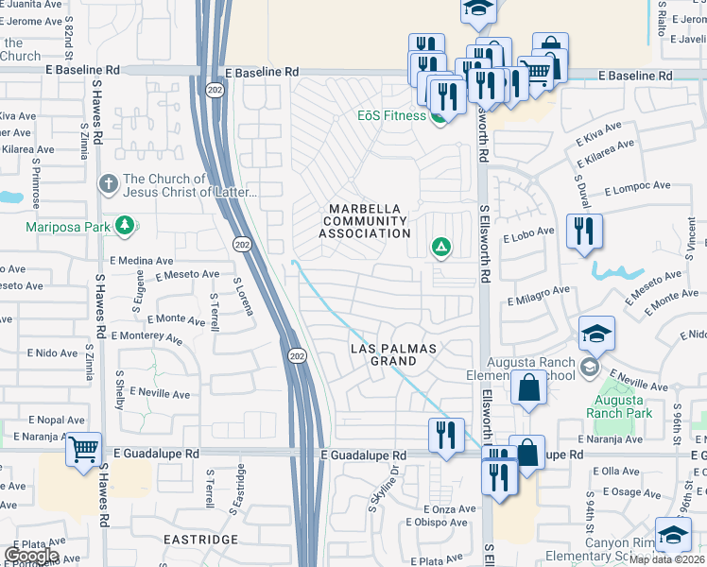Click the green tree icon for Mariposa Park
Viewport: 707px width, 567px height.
[x=124, y=226]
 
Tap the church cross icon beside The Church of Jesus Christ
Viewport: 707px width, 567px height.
[x=109, y=182]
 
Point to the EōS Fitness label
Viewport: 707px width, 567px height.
[x=390, y=116]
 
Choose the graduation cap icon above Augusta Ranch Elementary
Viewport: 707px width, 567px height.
[x=597, y=335]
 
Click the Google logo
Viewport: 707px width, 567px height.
[x=30, y=556]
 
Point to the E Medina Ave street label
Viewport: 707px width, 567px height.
[x=141, y=260]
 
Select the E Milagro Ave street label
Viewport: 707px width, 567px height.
[x=538, y=296]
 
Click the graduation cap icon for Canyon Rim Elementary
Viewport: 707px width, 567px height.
[x=673, y=536]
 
